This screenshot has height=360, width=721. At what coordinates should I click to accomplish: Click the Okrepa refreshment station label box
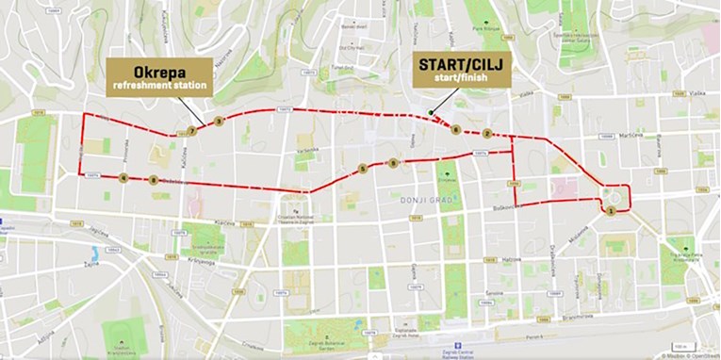coord(159,76)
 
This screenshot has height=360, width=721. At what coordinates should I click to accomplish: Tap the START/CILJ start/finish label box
coord(461,71)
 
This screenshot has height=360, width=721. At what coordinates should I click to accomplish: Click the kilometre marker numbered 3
coord(219,121)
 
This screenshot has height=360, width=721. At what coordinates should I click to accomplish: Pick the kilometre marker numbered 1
coord(612,211)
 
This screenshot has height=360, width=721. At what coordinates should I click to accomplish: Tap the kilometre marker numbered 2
coord(487,133)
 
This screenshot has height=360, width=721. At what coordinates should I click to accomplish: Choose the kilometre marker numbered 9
coord(393,163)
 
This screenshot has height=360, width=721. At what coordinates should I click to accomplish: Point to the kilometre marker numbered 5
coord(362,170)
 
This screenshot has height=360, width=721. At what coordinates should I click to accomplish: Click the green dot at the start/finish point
coord(431,114)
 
